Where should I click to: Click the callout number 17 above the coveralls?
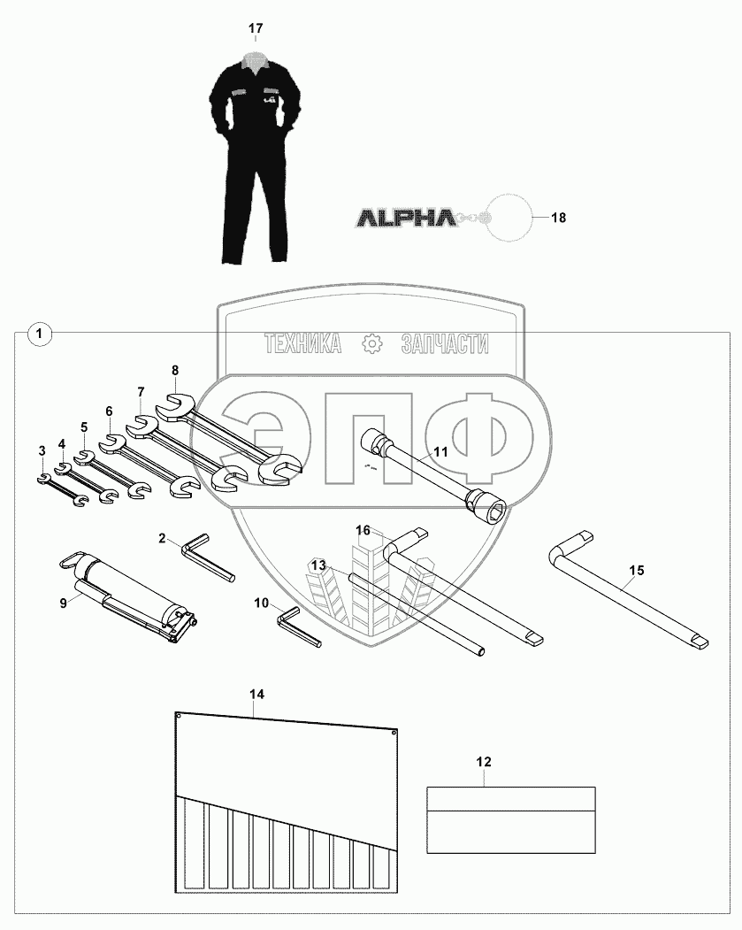pos(256,29)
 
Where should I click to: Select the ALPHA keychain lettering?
pos(406,217)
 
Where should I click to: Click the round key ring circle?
pos(509,217)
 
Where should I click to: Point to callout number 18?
pos(558,217)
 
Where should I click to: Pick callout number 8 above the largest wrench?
pos(175,370)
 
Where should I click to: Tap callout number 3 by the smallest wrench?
pos(42,451)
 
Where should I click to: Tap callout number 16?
pos(363,530)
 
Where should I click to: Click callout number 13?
pos(318,565)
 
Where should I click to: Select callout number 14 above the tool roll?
pos(256,694)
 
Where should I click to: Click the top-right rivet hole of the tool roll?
pos(394,733)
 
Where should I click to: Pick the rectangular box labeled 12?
pos(511,820)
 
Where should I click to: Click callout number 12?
pos(484,761)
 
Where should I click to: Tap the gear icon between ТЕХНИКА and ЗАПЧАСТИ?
pos(371,343)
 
